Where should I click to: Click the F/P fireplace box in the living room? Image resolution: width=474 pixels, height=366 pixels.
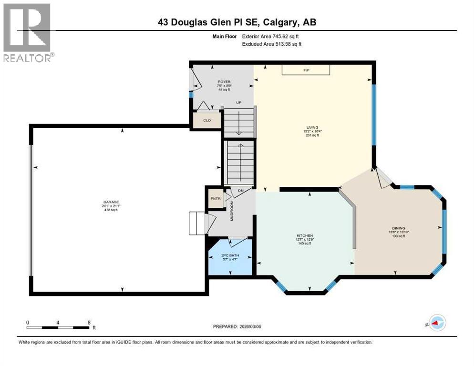306,70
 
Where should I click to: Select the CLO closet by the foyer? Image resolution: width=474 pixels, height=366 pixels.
207,121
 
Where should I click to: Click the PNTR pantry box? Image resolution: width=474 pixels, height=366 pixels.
216,199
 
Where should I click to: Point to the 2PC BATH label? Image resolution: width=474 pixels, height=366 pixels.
230,255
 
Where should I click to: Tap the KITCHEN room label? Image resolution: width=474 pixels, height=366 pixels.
305,235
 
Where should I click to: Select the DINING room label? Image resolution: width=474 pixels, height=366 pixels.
398,228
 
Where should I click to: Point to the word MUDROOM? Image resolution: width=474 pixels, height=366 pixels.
232,210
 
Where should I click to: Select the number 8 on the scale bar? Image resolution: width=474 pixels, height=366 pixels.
89,322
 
